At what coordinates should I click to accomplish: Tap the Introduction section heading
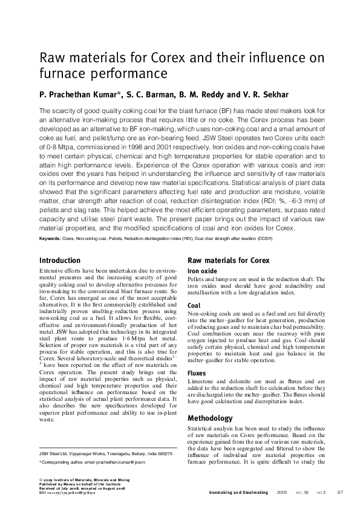click(x=59, y=261)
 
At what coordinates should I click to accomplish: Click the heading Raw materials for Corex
click(x=229, y=261)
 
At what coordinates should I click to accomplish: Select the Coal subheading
click(x=194, y=306)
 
